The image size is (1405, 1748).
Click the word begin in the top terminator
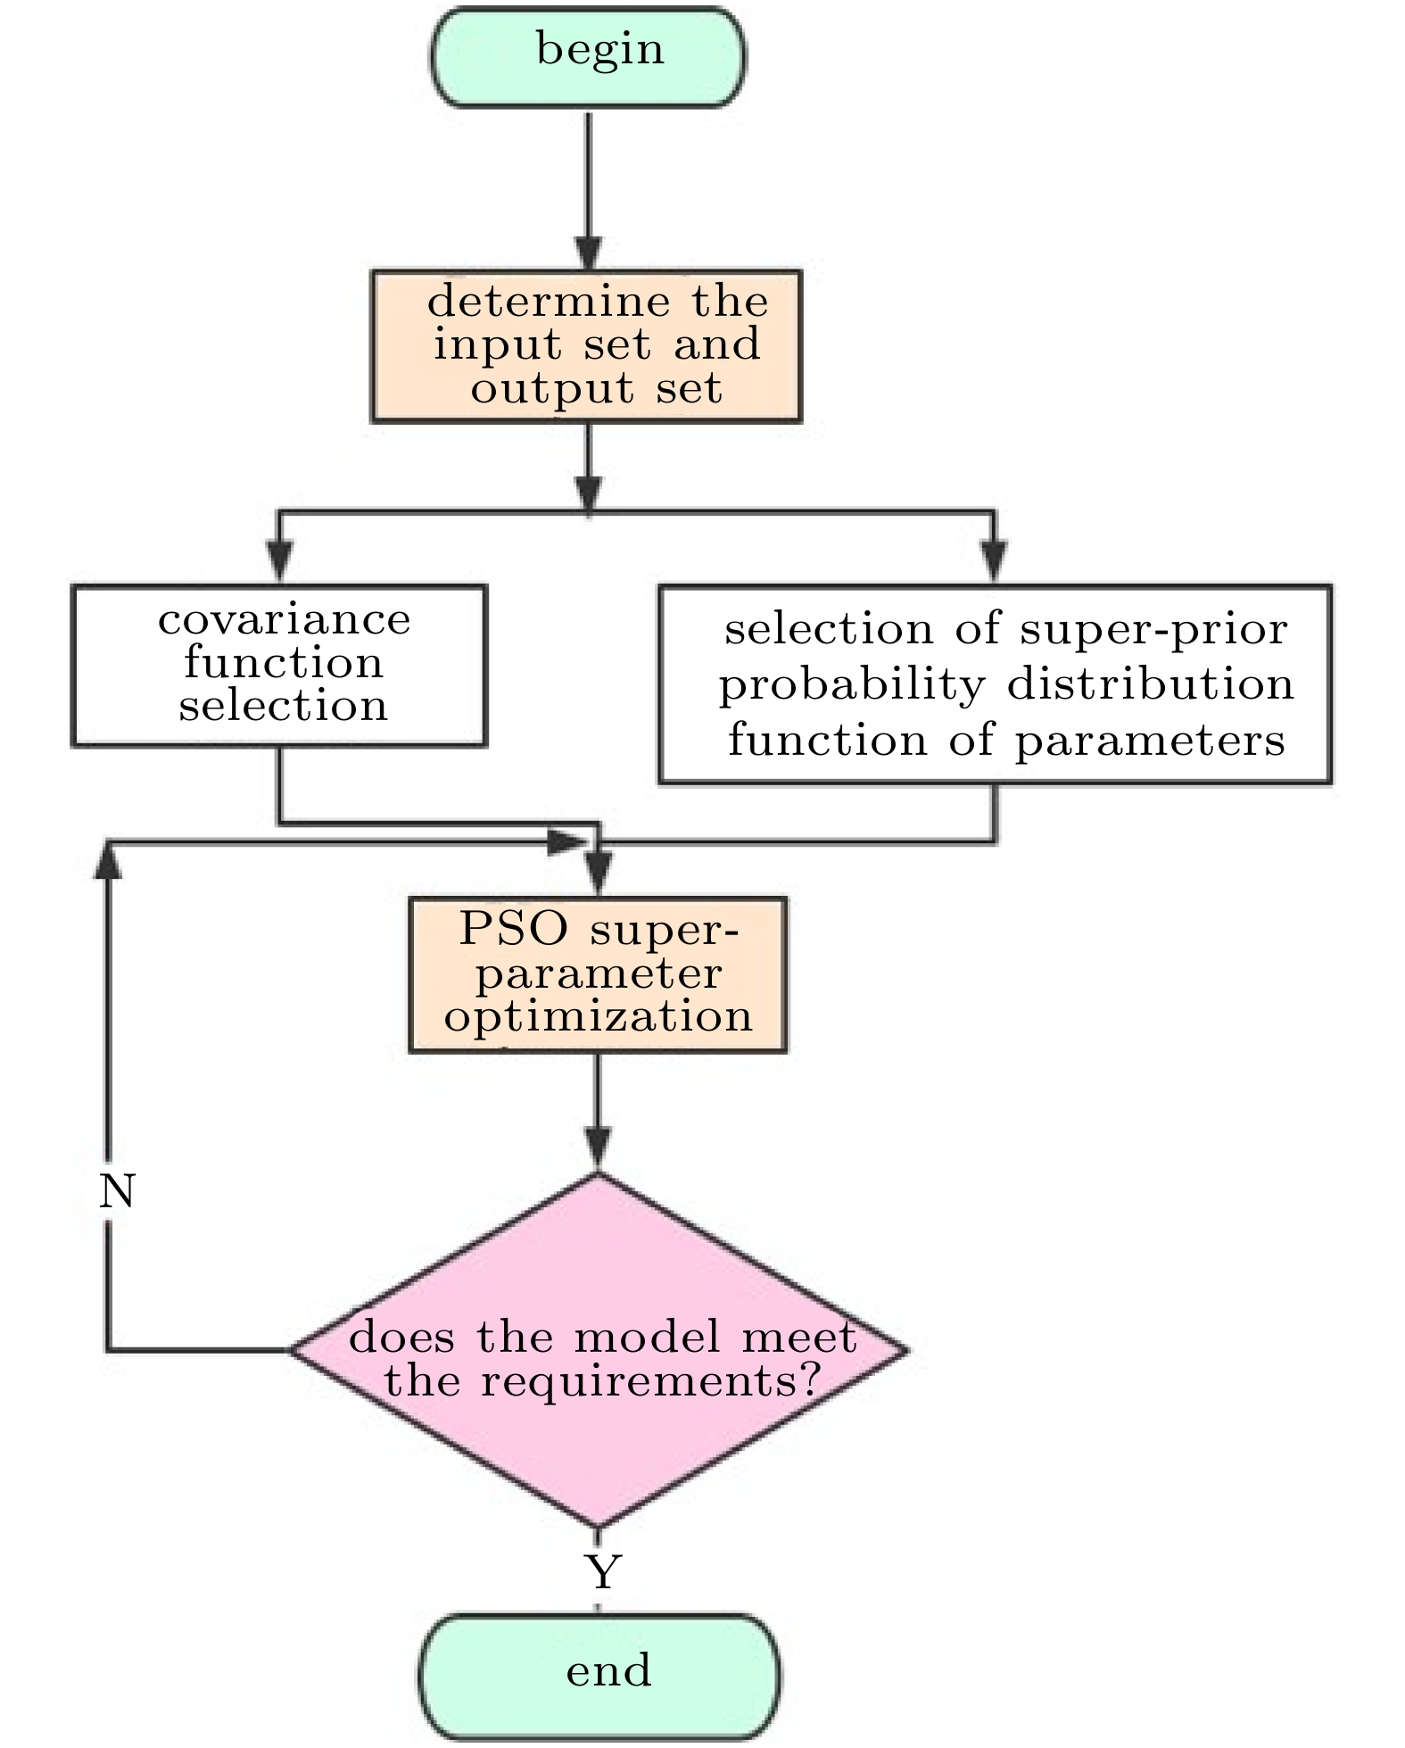[x=599, y=49]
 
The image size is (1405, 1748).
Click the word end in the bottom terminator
[x=608, y=1670]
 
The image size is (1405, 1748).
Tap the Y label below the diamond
[x=603, y=1573]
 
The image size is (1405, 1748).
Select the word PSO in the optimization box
[x=513, y=929]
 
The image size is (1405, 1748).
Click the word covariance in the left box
[x=284, y=619]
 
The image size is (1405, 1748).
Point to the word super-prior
[x=1153, y=630]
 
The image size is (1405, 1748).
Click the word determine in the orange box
[x=549, y=302]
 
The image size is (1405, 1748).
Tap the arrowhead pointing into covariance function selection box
[x=279, y=562]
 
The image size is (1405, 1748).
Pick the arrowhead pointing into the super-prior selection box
[x=993, y=562]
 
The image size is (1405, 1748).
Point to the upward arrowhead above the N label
[x=108, y=861]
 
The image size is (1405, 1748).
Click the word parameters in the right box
[x=1150, y=741]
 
